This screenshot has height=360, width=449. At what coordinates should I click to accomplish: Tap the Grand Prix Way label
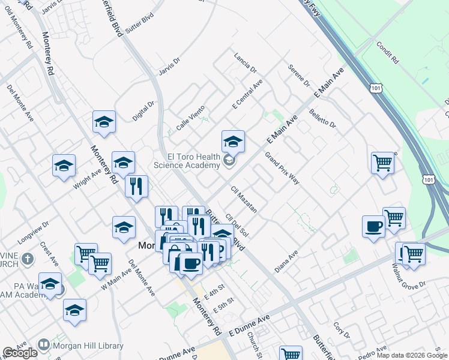point(282,168)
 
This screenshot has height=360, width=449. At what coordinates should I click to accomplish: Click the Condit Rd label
point(387,53)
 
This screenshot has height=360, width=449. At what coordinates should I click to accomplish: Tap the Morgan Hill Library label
point(89,346)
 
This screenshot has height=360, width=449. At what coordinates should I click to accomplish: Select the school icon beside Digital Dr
point(104,122)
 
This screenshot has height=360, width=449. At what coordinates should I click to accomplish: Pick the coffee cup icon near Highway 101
point(373,227)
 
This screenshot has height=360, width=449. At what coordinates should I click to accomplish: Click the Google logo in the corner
point(20,353)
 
